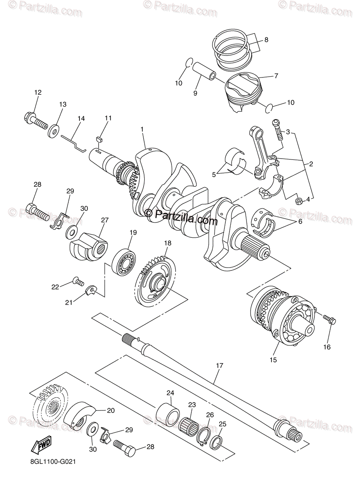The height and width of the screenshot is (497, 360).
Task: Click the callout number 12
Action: [x=38, y=93]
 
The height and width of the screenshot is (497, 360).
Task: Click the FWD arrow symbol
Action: [x=41, y=446]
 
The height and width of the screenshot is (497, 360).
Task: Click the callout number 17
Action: [x=219, y=366]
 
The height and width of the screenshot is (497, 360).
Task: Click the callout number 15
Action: [x=273, y=360]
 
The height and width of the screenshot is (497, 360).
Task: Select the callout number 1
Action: [x=142, y=130]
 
